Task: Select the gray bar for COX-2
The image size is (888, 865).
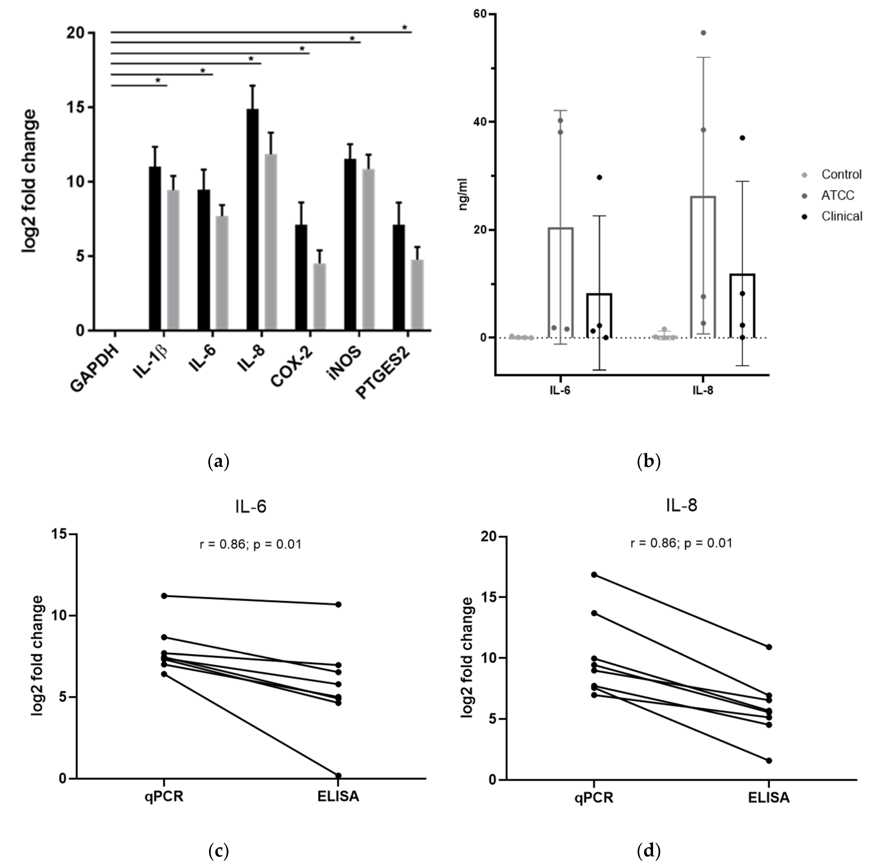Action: (x=320, y=296)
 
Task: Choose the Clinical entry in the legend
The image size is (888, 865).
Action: (x=841, y=216)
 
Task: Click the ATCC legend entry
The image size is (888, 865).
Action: (x=838, y=195)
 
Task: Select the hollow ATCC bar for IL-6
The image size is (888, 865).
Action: (x=560, y=282)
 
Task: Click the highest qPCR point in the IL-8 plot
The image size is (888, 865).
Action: (x=594, y=575)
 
